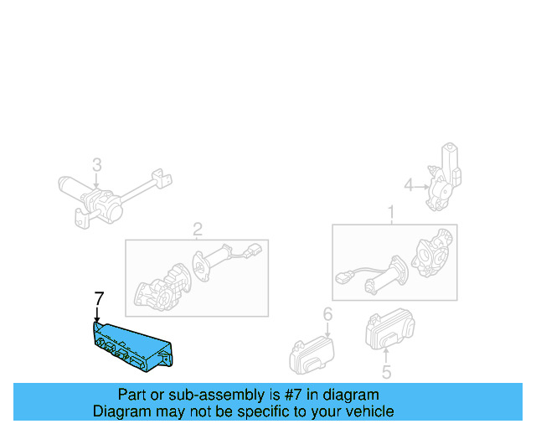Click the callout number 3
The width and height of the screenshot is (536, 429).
pyautogui.click(x=96, y=164)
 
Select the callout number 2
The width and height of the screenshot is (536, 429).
pyautogui.click(x=198, y=229)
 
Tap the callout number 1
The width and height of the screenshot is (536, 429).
pyautogui.click(x=390, y=213)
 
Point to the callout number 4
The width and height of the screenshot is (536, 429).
pyautogui.click(x=409, y=185)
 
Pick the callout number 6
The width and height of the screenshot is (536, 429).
pyautogui.click(x=327, y=314)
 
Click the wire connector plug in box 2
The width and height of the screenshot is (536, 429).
pyautogui.click(x=252, y=249)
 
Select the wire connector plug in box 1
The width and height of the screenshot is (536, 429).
pyautogui.click(x=344, y=278)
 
